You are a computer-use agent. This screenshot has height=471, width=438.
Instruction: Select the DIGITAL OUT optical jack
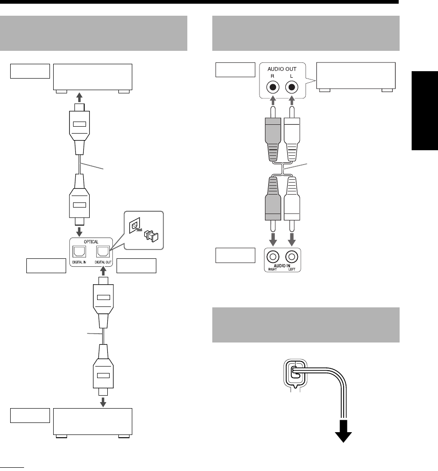[103, 251]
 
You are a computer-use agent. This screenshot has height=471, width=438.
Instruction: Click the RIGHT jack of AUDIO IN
[273, 255]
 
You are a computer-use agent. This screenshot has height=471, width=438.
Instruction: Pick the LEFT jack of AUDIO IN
[291, 255]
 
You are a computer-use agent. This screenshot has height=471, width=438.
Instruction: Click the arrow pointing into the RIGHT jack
[273, 239]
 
